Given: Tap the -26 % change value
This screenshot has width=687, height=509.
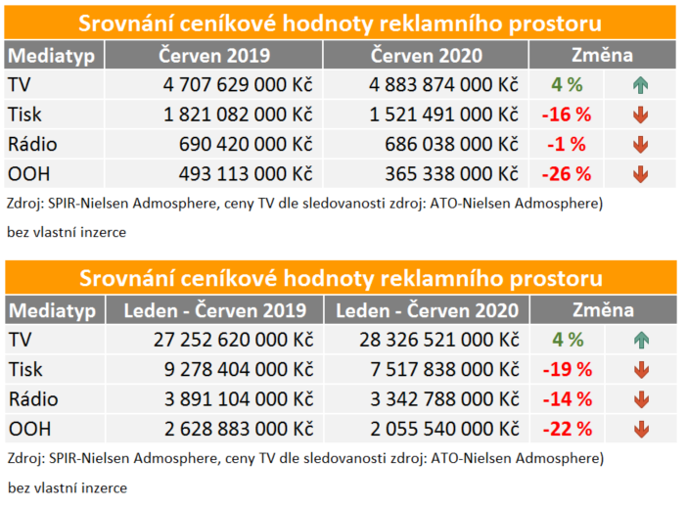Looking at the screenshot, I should pyautogui.click(x=567, y=175).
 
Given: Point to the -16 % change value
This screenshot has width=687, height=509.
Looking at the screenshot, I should pyautogui.click(x=567, y=115).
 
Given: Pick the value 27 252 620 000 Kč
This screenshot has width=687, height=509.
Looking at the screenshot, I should pyautogui.click(x=232, y=341).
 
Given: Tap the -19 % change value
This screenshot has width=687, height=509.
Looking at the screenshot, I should pyautogui.click(x=567, y=370).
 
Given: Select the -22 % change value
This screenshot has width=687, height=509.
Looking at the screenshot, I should pyautogui.click(x=567, y=429).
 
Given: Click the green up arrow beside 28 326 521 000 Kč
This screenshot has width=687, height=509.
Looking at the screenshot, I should pyautogui.click(x=641, y=341).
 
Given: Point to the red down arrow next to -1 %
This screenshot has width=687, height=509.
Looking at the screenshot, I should pyautogui.click(x=641, y=145).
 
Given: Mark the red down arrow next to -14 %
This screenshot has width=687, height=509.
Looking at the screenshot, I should pyautogui.click(x=641, y=399).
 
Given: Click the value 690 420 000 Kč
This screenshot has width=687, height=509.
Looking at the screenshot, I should pyautogui.click(x=245, y=145).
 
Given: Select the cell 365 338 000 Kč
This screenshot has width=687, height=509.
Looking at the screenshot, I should pyautogui.click(x=449, y=175).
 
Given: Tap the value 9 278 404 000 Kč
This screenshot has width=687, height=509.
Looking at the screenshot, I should pyautogui.click(x=238, y=370).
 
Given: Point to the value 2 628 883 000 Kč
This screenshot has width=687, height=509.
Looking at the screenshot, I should pyautogui.click(x=238, y=429).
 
